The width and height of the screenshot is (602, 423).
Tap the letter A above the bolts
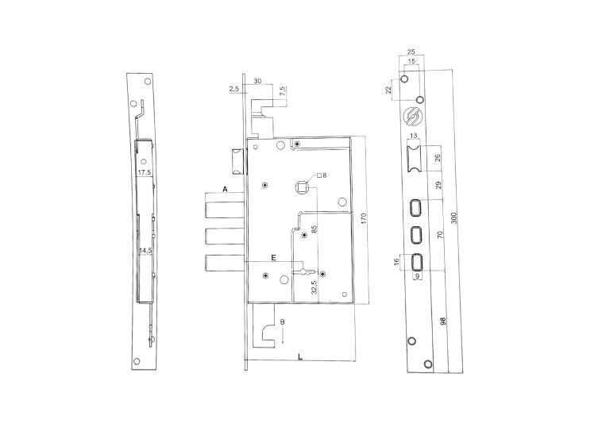[x=225, y=190]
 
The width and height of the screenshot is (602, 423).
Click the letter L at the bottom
[x=299, y=358]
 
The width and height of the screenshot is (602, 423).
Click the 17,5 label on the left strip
[x=144, y=172]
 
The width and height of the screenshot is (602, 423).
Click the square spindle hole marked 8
[x=302, y=187]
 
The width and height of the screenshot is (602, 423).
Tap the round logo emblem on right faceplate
[x=413, y=115]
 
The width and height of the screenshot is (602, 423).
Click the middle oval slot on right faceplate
[x=415, y=234]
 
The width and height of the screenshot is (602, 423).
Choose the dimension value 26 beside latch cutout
[x=438, y=158]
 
